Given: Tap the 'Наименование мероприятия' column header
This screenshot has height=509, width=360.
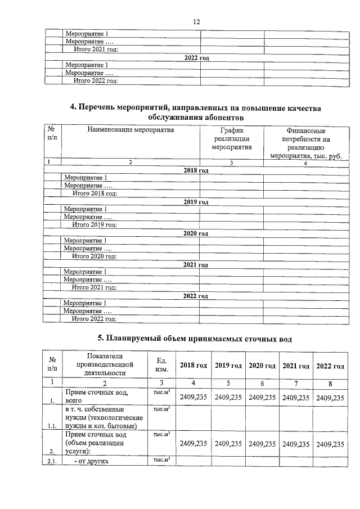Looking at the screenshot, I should (x=130, y=130).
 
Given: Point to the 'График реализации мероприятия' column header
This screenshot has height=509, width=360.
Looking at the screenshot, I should (x=231, y=139).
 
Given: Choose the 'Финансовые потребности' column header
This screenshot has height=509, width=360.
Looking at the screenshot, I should (x=304, y=143).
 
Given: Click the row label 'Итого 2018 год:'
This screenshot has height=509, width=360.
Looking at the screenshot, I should (x=94, y=193).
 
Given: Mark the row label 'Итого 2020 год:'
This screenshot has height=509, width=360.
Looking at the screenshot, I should (x=94, y=256).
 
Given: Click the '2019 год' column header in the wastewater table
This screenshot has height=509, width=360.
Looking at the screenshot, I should (x=228, y=366).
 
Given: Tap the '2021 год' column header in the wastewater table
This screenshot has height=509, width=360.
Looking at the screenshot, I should (x=296, y=366).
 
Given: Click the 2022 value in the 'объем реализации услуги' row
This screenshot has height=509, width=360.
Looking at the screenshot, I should (x=330, y=443).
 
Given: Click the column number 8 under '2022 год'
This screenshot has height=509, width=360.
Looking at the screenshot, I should (x=330, y=383).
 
